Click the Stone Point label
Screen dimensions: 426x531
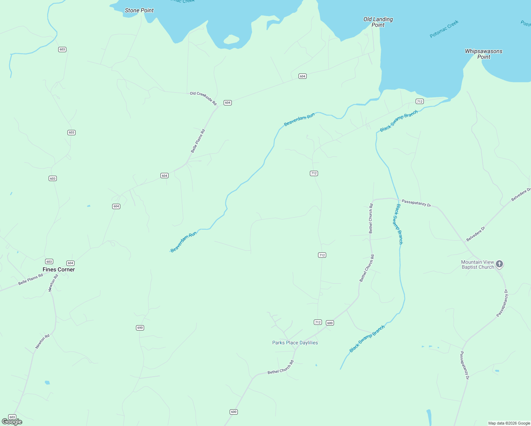point(139,10)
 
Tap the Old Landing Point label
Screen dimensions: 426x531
point(378,22)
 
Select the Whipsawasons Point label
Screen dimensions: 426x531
point(483,54)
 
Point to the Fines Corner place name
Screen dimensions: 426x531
point(59,269)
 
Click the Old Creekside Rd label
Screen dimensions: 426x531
point(203,98)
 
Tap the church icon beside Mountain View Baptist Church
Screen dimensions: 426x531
point(499,264)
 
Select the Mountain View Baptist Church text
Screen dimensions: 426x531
point(477,264)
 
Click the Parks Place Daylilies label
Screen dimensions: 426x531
point(295,343)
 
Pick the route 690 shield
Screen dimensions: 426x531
point(140,328)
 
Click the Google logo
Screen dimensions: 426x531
point(12,422)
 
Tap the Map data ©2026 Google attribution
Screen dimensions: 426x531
point(509,423)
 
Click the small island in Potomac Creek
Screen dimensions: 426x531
point(231,39)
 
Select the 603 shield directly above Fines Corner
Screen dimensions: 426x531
point(49,262)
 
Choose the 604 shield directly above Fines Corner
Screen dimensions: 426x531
point(70,263)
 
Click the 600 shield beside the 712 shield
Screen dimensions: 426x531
point(330,323)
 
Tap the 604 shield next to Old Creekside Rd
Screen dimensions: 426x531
point(228,103)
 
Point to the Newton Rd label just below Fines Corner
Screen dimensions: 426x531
point(53,283)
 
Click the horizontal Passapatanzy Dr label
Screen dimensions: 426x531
point(416,203)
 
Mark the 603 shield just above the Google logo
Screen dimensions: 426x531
point(12,417)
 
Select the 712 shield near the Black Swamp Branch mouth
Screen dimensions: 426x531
point(420,102)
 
